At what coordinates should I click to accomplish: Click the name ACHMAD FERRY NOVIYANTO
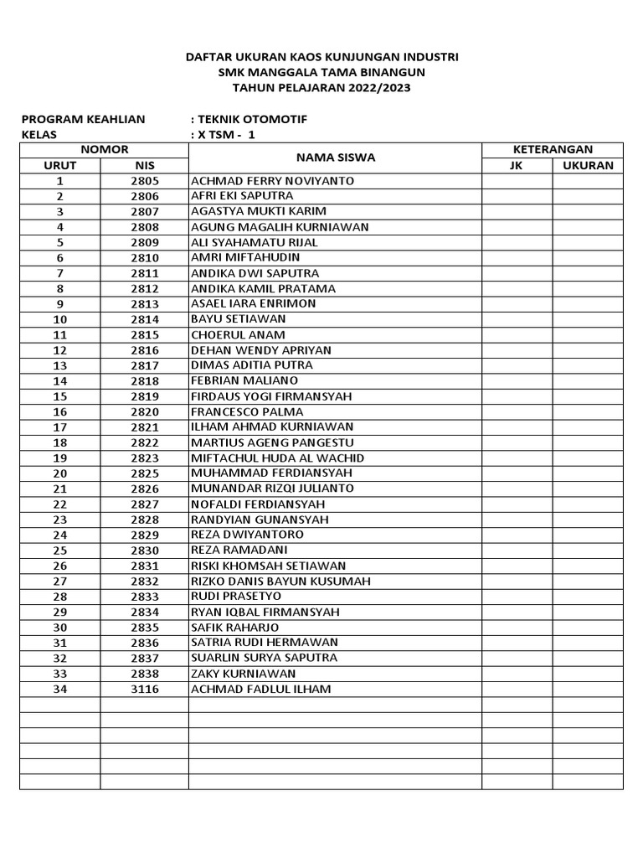(x=273, y=181)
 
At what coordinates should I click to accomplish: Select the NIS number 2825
(x=144, y=473)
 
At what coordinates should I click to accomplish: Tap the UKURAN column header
(x=588, y=166)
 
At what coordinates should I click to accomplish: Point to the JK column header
(x=516, y=166)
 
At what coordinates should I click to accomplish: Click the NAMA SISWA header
(x=335, y=158)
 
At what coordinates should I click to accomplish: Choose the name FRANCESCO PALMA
(x=247, y=412)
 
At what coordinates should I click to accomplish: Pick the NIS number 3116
(x=144, y=689)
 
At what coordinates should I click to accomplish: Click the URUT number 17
(x=59, y=427)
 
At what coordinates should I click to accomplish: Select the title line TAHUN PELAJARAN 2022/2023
(x=321, y=87)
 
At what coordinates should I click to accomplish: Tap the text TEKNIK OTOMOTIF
(x=252, y=120)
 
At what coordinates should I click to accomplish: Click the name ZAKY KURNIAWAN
(x=243, y=674)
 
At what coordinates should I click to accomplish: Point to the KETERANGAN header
(x=553, y=150)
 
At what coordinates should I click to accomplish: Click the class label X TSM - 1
(x=225, y=135)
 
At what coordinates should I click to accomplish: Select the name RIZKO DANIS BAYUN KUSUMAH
(x=280, y=581)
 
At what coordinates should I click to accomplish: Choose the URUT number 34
(x=59, y=689)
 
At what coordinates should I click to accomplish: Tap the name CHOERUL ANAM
(x=238, y=335)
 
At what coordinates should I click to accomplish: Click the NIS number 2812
(x=144, y=289)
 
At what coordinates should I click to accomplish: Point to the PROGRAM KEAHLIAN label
(x=83, y=120)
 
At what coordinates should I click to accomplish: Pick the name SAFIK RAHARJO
(x=235, y=628)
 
